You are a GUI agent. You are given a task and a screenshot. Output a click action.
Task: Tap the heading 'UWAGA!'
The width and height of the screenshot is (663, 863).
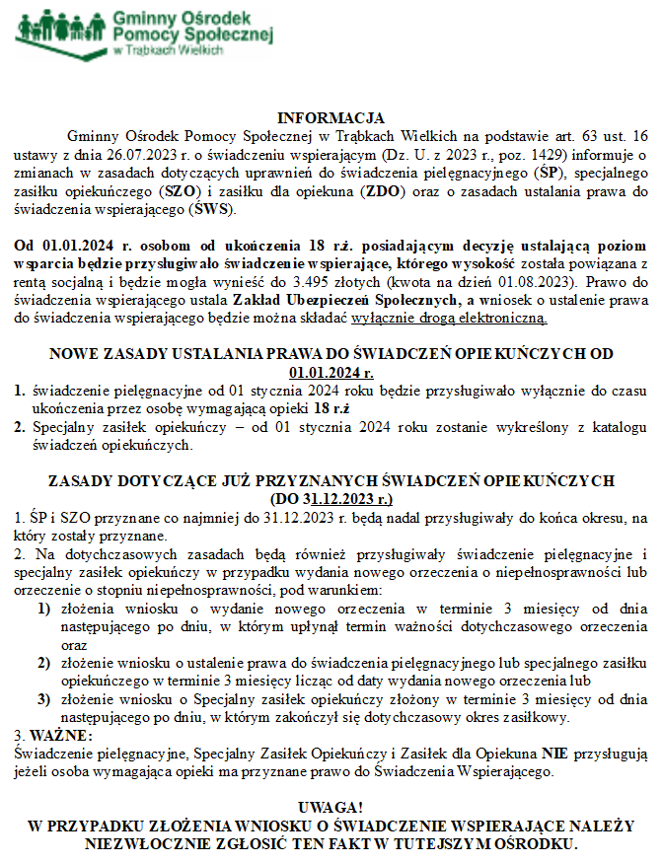331,808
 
